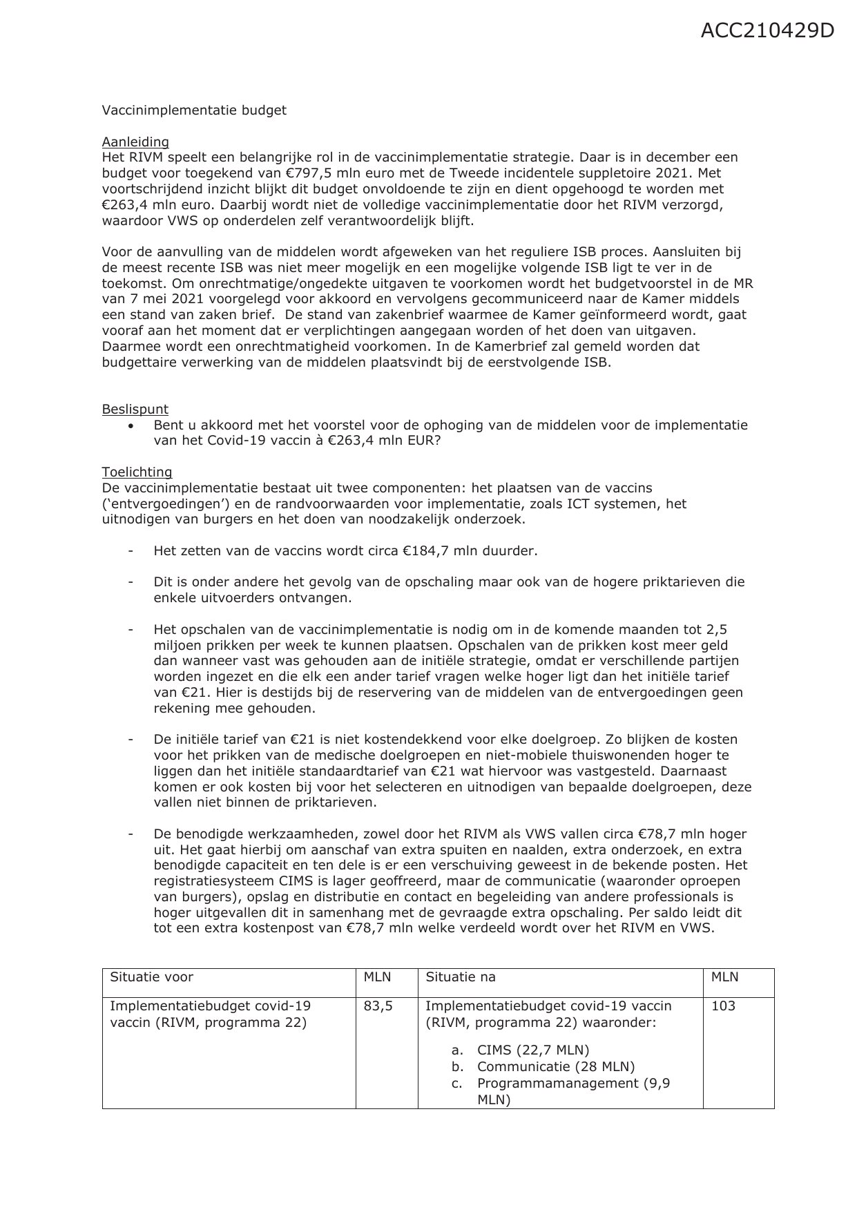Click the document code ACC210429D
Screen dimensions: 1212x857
[x=767, y=31]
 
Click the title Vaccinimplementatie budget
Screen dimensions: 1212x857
[x=194, y=110]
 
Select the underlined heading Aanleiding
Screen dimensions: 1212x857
[x=135, y=142]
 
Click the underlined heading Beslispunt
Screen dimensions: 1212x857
[x=135, y=409]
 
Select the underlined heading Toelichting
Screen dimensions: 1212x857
[x=137, y=472]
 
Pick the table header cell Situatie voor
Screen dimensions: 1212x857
[x=151, y=977]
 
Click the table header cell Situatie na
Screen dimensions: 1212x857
[x=460, y=977]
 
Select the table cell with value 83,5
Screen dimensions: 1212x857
[x=378, y=1006]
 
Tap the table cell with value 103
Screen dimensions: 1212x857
[x=723, y=1006]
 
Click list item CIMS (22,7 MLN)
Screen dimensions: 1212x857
[x=532, y=1050]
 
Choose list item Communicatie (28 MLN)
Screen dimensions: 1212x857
[x=555, y=1067]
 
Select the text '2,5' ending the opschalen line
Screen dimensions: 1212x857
[x=716, y=630]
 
